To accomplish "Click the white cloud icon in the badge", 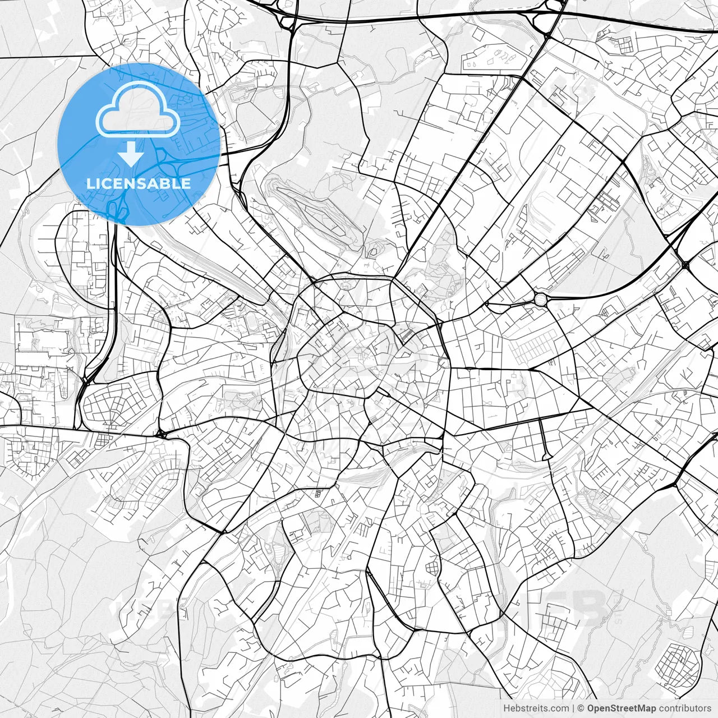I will pos(138,112).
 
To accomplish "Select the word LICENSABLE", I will pos(139,183).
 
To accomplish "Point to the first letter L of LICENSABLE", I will pos(90,183).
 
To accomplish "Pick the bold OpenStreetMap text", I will pos(621,708).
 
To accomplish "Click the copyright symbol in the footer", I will pos(581,708).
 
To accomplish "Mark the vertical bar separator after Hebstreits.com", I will pos(573,708).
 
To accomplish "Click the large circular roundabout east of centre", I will pos(540,300).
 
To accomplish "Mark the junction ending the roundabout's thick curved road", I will pos(685,263).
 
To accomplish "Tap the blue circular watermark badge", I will pos(139,144).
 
